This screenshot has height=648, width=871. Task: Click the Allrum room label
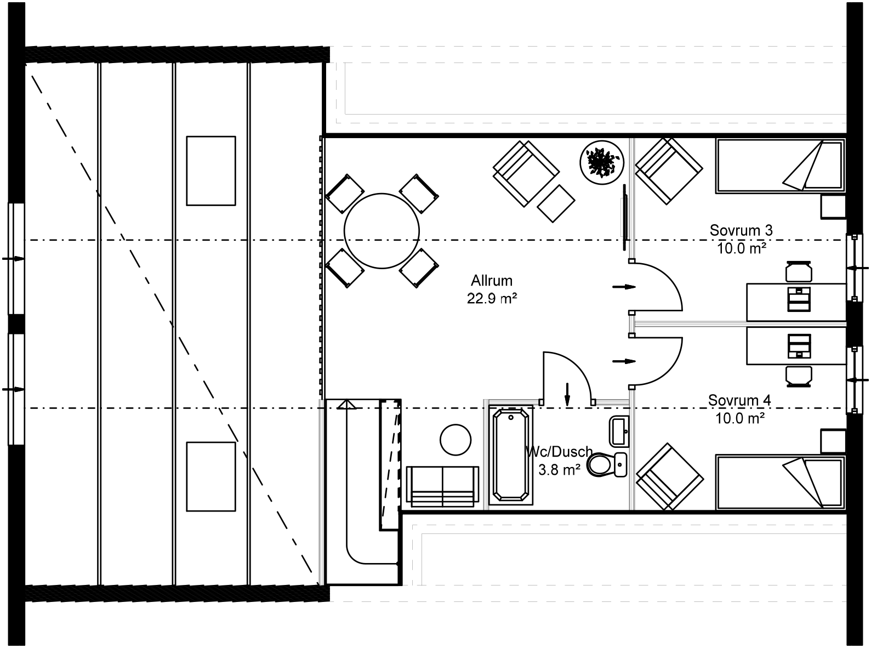point(491,281)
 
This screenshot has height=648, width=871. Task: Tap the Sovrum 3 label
point(741,230)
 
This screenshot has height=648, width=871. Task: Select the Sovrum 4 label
point(739,400)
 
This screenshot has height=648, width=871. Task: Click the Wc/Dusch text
point(559,452)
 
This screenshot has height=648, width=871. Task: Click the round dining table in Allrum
point(382,231)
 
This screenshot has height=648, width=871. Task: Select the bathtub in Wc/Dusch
point(511,455)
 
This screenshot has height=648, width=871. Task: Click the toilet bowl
point(601,465)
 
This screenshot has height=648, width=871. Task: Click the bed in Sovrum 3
point(780,166)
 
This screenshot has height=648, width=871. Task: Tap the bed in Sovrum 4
point(780,482)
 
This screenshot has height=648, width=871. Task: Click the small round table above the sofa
point(456,440)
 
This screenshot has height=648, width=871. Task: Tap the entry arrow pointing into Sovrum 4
point(623,361)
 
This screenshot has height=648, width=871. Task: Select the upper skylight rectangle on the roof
point(211,170)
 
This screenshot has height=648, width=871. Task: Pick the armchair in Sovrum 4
point(669,477)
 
